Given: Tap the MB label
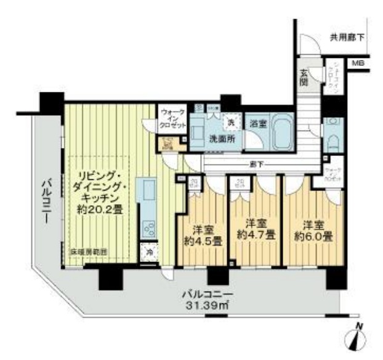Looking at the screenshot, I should (x=357, y=63).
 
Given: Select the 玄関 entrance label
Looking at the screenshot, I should (x=305, y=78).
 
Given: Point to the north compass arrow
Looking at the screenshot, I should (x=360, y=337).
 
